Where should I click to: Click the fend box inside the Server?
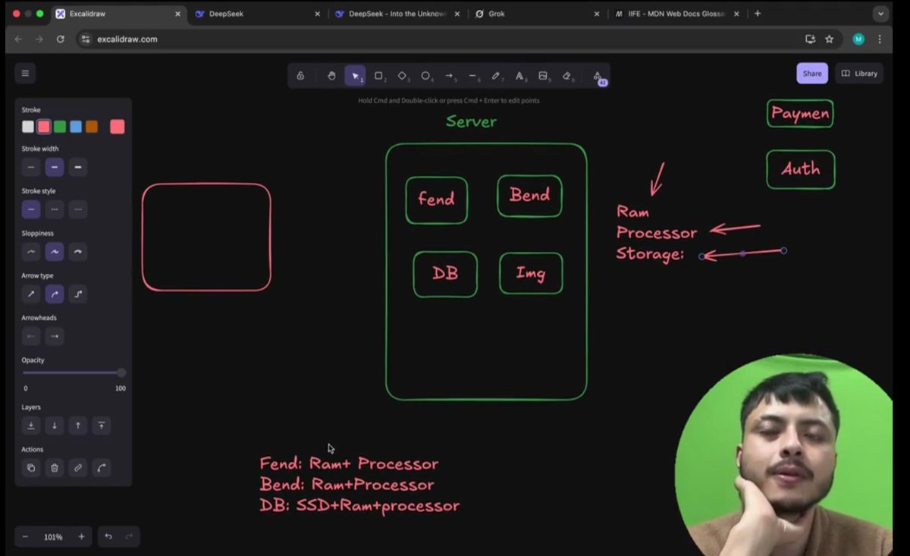pos(436,200)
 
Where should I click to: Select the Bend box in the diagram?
pos(529,196)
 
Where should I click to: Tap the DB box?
pos(445,274)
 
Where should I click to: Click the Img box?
pos(531,274)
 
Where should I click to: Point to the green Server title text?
pos(471,121)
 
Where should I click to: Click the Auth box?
pos(800,169)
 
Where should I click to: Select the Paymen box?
pos(799,114)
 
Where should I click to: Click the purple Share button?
pos(811,74)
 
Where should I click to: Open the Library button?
pos(859,74)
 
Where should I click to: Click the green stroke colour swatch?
pos(60,127)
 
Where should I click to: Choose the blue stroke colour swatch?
pos(76,127)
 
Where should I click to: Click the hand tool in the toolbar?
pos(331,76)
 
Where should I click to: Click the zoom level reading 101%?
pos(53,537)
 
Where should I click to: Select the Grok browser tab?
pos(496,14)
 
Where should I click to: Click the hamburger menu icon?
pos(25,74)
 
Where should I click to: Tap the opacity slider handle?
pos(121,372)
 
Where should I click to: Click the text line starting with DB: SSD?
pos(359,506)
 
